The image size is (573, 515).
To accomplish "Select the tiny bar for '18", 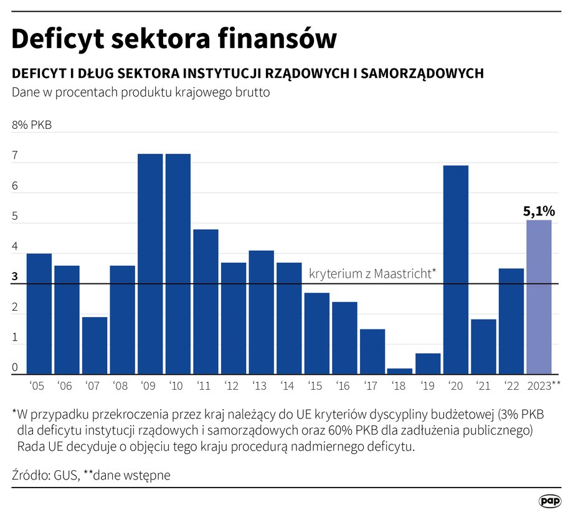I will (399, 371).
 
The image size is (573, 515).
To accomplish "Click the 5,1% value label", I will (539, 212).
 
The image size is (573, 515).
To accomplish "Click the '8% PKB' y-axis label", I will (31, 125).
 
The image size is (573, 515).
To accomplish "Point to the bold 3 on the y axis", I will (15, 277).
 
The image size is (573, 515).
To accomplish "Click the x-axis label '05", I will (37, 386).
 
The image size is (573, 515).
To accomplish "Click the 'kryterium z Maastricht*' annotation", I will (372, 273).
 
